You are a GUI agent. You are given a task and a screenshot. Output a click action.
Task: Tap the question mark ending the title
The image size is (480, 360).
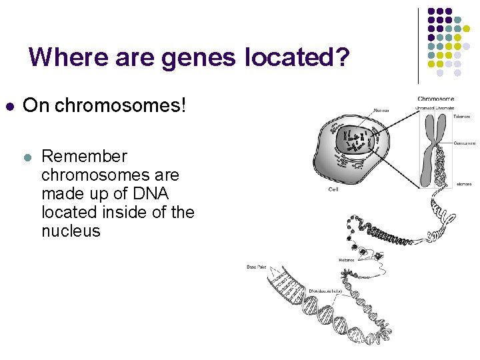(341, 57)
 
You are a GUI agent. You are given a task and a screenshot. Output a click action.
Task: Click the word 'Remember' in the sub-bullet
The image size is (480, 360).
(84, 157)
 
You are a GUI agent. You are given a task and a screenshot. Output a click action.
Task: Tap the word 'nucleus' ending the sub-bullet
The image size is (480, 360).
(71, 231)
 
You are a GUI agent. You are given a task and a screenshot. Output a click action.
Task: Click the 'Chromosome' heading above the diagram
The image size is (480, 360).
(436, 99)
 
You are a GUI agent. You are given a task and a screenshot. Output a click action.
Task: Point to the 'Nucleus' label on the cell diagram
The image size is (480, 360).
(381, 111)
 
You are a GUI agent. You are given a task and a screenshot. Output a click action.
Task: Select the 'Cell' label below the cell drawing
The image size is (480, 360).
(333, 189)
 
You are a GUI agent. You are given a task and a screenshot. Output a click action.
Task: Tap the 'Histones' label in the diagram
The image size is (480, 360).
(346, 260)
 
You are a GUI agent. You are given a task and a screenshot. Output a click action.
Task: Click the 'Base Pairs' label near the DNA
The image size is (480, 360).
(257, 267)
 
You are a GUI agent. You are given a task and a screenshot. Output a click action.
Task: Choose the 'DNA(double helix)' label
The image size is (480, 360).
(325, 291)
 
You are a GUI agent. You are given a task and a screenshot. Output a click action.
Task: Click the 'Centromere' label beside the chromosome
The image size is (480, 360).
(464, 143)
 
